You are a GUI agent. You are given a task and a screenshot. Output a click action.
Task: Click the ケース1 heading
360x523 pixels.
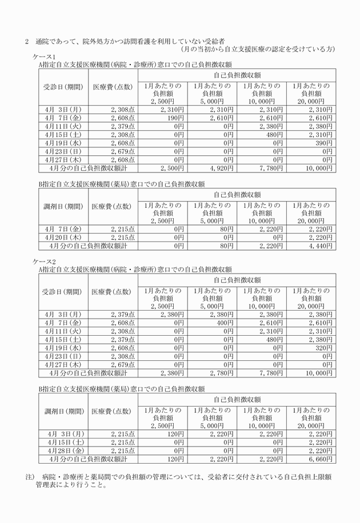coord(46,57)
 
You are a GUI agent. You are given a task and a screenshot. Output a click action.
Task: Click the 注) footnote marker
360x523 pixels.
coord(30,476)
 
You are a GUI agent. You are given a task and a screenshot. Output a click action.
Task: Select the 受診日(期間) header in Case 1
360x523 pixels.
coord(63,87)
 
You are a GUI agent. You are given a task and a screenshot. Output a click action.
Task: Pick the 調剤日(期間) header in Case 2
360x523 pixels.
coord(63,411)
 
